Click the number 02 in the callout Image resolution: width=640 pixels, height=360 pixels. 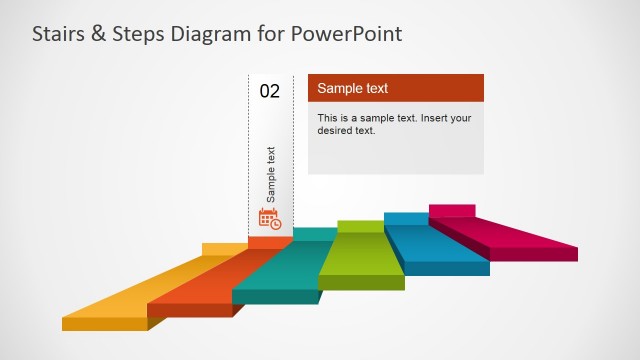pos(270,91)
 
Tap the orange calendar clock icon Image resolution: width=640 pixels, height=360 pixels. pos(270,218)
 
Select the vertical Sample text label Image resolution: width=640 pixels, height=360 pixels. pos(271,175)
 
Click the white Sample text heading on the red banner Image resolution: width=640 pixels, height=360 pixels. pos(352,89)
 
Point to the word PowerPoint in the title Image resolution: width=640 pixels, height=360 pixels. pos(347,35)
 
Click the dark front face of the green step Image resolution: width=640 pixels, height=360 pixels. pos(361,282)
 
